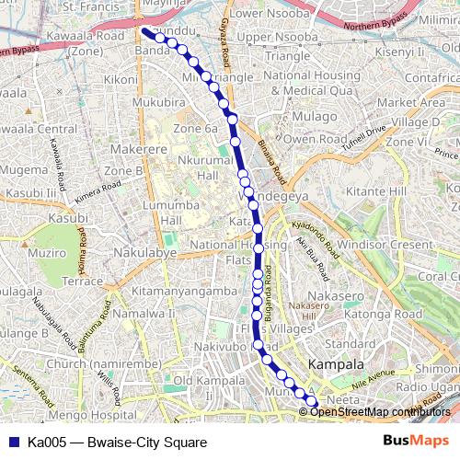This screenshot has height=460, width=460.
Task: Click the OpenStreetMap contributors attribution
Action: [x=380, y=411]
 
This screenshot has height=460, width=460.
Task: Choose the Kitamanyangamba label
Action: [x=184, y=291]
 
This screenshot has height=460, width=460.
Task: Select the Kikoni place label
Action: [x=121, y=80]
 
